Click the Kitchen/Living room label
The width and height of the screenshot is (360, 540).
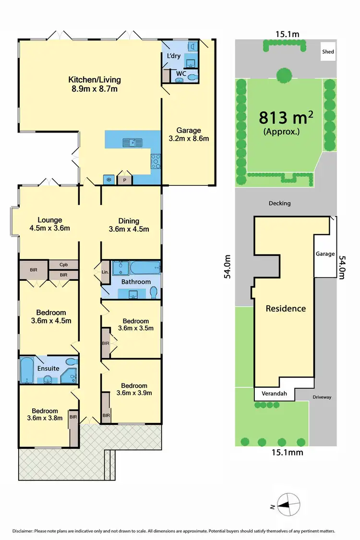click(x=95, y=84)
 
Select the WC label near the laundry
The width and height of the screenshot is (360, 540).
click(x=180, y=74)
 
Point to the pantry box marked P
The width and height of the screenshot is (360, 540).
click(x=125, y=180)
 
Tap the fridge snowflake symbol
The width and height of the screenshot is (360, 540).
click(x=108, y=180)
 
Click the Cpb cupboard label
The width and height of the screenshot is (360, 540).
click(x=63, y=264)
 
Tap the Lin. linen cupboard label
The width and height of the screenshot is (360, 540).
click(x=106, y=273)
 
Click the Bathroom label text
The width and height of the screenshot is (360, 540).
click(x=136, y=282)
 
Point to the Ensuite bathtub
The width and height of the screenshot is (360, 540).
click(x=27, y=370)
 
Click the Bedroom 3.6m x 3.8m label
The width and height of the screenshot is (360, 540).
click(x=45, y=415)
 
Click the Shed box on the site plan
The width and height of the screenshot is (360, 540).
click(x=328, y=51)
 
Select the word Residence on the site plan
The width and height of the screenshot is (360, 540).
click(x=286, y=308)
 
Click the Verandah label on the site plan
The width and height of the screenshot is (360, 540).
click(x=274, y=394)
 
